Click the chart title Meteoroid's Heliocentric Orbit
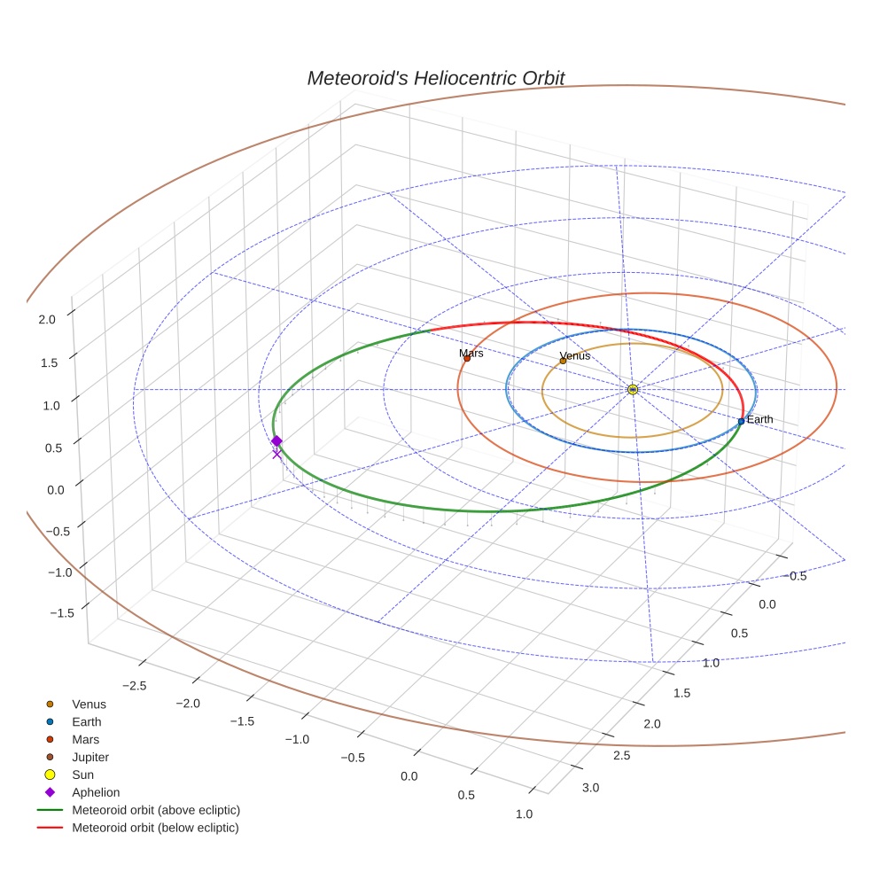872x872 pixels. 435,78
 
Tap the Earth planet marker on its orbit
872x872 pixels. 741,421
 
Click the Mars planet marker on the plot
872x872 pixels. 467,359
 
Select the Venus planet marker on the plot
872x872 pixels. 563,361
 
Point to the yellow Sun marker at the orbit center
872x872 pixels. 632,390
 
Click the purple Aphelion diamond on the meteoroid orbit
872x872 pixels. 276,441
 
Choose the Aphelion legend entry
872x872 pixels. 96,793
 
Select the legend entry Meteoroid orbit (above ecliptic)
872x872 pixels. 156,810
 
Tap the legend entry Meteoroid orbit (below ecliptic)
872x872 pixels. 155,828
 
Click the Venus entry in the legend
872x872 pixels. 89,705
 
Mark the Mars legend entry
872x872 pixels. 85,740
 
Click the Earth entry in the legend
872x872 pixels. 86,722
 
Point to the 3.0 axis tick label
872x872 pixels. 589,788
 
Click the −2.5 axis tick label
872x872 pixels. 134,686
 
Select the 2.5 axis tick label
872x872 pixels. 620,755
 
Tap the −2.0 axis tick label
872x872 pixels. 188,704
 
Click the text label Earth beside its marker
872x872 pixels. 759,419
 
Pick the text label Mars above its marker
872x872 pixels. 471,354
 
